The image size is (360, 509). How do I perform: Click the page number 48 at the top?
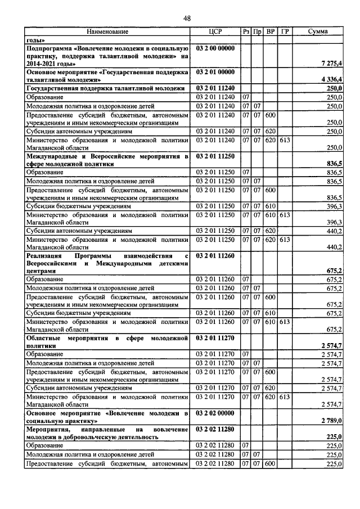(x=187, y=19)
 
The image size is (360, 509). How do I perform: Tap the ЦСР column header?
(x=216, y=32)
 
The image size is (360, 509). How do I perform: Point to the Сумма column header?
(x=318, y=32)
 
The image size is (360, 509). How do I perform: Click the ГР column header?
(x=285, y=32)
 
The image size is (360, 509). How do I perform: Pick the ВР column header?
(x=270, y=32)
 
